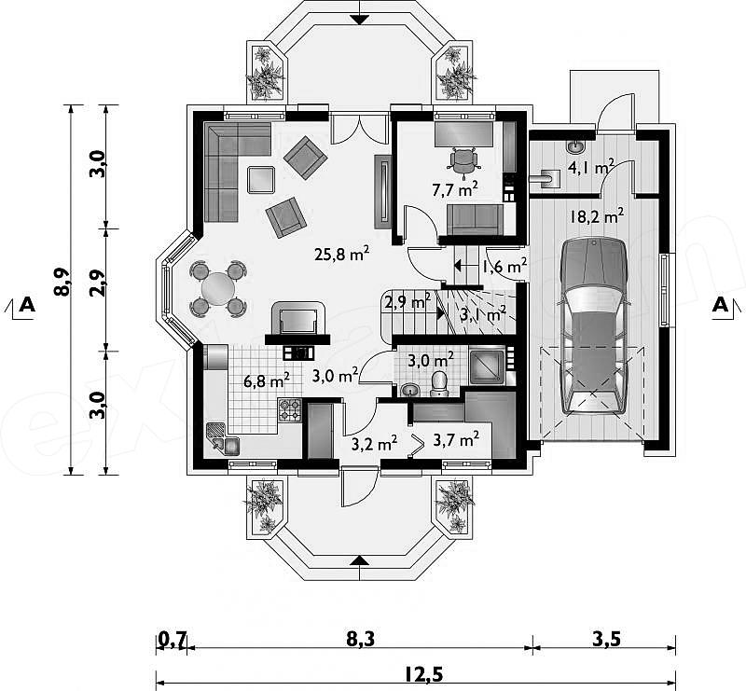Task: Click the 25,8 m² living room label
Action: point(341,254)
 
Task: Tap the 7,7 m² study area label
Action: point(455,189)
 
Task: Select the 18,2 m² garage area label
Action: point(597,216)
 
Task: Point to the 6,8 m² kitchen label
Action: point(267,380)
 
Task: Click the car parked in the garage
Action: point(594,326)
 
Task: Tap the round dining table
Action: point(218,288)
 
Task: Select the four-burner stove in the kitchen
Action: point(290,409)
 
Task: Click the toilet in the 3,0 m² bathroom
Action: point(437,384)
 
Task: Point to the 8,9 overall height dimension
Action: point(62,283)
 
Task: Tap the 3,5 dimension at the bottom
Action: point(607,639)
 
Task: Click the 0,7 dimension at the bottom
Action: point(173,639)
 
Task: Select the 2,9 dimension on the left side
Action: point(97,283)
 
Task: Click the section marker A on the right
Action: point(720,305)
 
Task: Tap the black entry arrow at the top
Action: point(360,19)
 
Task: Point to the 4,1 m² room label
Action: point(590,167)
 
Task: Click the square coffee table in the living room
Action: point(261,179)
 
